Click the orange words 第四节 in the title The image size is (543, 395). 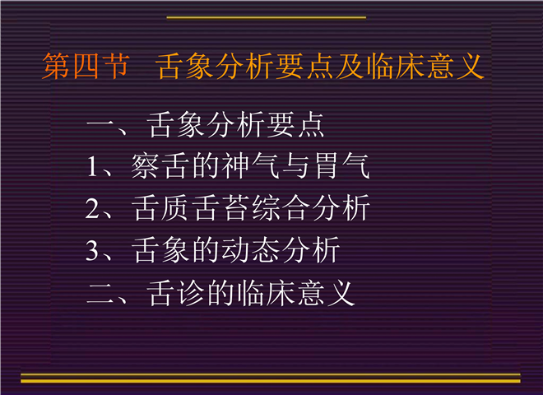[86, 66]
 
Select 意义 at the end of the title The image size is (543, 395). [456, 66]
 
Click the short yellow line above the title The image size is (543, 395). [267, 17]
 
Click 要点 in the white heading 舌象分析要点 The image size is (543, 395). [295, 125]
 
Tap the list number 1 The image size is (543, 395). [92, 166]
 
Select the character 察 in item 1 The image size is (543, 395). [145, 166]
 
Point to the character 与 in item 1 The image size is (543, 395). [295, 166]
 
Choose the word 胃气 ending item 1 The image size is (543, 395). [341, 166]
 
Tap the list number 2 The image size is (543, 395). [93, 208]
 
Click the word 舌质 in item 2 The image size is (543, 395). [160, 208]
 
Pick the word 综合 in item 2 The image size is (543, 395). [281, 208]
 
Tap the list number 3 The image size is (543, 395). [93, 250]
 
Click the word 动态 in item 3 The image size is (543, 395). [251, 250]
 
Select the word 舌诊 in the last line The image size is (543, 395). [175, 294]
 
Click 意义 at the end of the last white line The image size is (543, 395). [327, 294]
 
